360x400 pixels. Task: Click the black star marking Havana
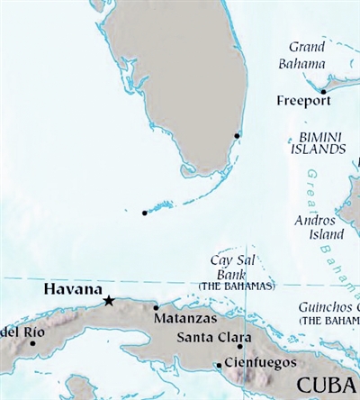pos(109,301)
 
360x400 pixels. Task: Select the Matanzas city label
pos(184,319)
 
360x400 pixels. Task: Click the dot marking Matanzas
pos(157,307)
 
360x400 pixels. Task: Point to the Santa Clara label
pos(209,338)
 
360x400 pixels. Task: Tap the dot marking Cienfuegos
pos(219,365)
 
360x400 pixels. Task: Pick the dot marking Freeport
pos(323,91)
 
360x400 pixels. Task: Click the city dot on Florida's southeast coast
pos(237,136)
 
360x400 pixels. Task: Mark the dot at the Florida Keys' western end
pos(145,214)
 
